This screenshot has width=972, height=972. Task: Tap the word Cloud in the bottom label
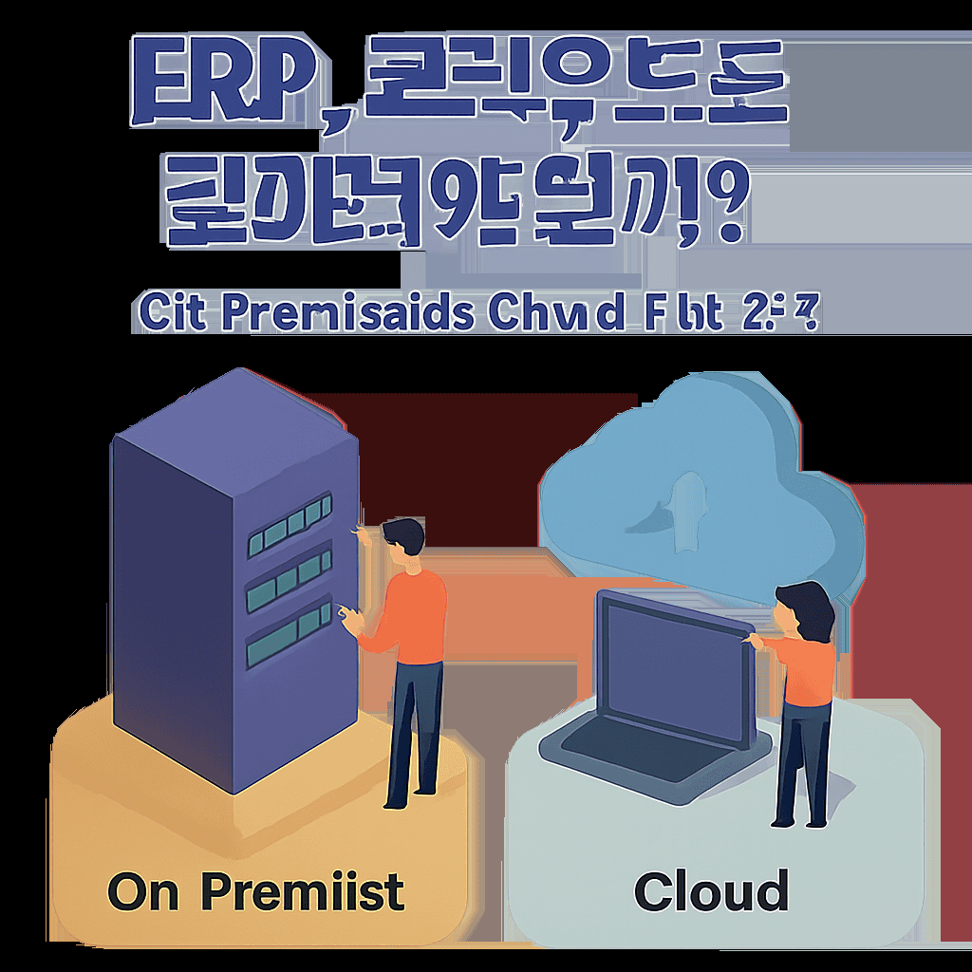coord(711,891)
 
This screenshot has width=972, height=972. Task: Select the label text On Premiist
coord(255,891)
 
